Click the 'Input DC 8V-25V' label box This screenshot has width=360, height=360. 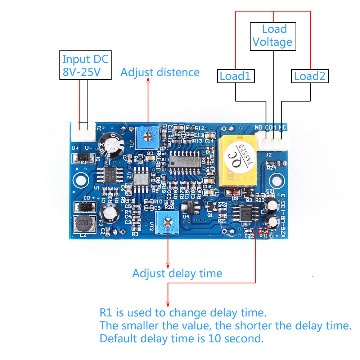pos(85,65)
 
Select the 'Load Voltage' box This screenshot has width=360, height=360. pos(273,36)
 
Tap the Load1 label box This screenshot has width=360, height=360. pos(235,76)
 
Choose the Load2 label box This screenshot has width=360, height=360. pos(310,76)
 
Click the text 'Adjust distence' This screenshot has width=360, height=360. pos(160,72)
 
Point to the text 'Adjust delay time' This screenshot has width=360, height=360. pos(177,273)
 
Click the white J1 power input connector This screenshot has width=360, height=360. pos(83,132)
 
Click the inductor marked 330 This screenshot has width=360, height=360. pos(83,224)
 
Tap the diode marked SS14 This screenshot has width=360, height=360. pos(84,207)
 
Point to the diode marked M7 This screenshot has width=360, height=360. pos(83,158)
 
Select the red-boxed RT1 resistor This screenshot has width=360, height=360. pos(264,230)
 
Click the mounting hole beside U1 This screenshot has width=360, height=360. pos(81,179)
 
